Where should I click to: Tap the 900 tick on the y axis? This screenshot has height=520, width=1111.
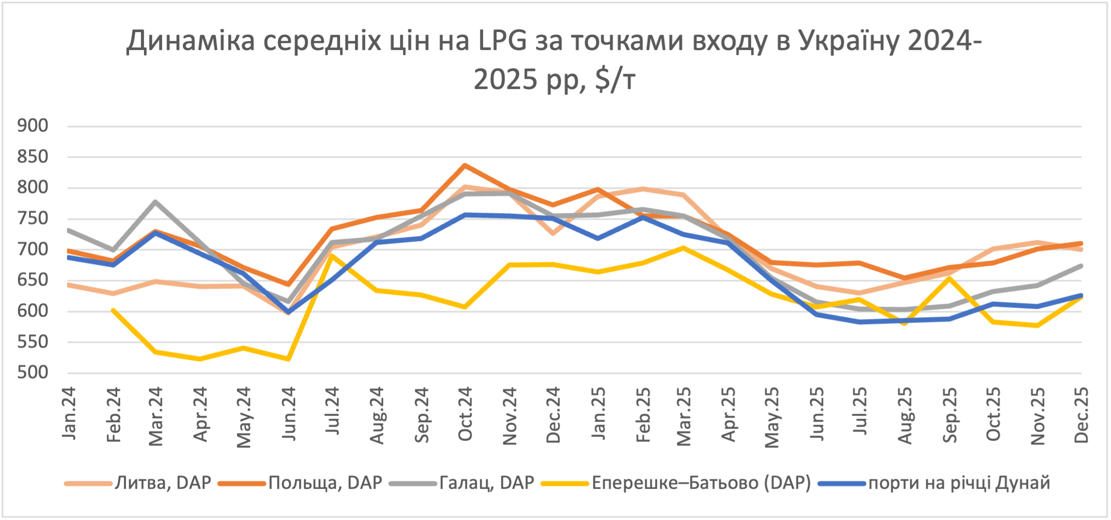pos(33,125)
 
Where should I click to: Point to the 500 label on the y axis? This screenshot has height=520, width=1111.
pos(33,372)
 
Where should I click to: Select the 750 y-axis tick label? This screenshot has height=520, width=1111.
pos(33,218)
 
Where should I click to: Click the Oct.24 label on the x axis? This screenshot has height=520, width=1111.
pos(465,414)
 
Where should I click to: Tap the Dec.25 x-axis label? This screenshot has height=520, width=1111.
pos(1081,415)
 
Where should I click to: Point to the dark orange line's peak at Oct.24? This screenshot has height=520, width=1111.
pos(465,165)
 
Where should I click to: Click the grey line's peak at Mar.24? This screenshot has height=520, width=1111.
pos(156,202)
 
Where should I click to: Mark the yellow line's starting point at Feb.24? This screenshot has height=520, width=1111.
pos(113,310)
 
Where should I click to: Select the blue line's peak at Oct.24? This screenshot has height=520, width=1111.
pos(465,215)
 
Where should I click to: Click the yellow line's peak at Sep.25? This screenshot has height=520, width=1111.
pos(949,278)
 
